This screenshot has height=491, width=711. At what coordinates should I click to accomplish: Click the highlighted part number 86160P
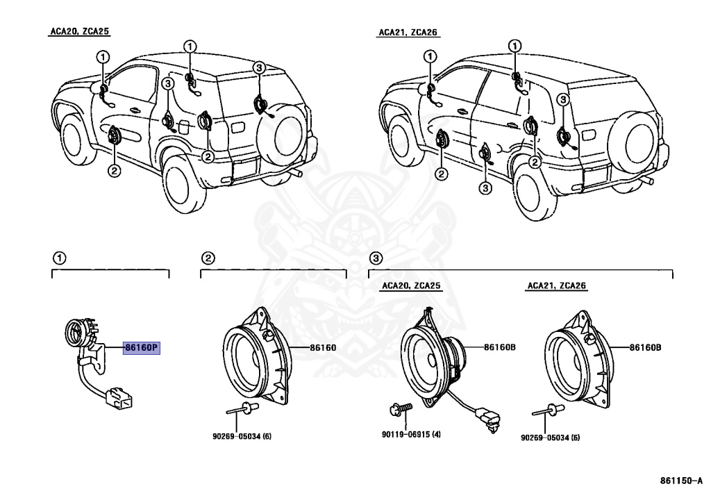pos(142,348)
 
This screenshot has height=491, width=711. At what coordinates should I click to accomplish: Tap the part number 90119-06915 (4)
pos(410,435)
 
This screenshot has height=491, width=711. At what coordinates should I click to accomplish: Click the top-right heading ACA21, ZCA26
pos(409,32)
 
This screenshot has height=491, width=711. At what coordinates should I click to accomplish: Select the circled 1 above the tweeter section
pos(60,259)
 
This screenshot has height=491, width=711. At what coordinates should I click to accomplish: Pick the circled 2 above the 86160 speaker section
pos(207,259)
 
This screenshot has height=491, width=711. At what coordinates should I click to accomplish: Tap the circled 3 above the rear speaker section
pos(375,259)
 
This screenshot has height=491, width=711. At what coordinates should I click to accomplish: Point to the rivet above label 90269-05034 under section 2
pos(247,409)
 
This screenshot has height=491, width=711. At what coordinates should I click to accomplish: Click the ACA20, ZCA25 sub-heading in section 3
pos(410,285)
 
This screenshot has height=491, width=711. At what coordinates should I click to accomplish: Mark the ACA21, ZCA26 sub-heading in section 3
pos(557,285)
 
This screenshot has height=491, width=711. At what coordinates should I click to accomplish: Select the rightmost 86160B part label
pos(645,347)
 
